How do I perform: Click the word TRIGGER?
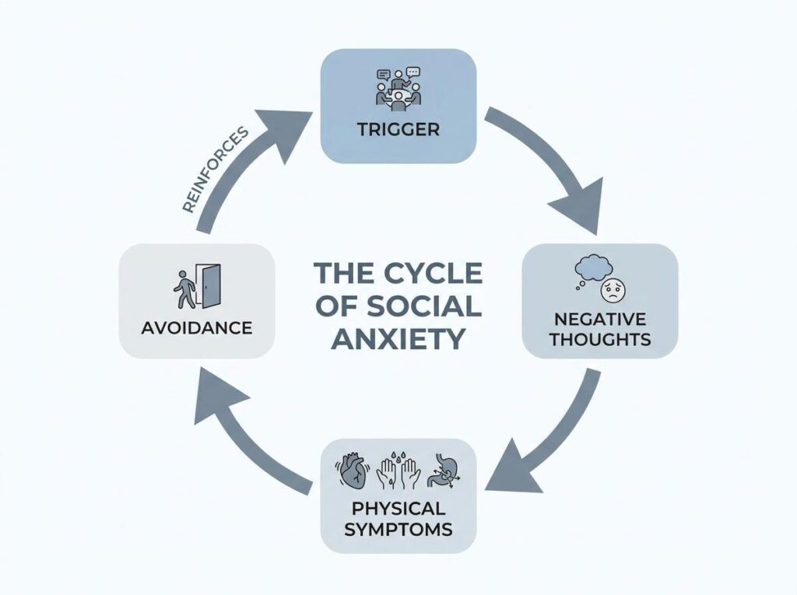pyautogui.click(x=398, y=130)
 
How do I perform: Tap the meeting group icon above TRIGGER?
pyautogui.click(x=398, y=89)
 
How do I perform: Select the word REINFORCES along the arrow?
pyautogui.click(x=215, y=170)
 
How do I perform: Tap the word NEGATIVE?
pyautogui.click(x=600, y=319)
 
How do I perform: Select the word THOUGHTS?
pyautogui.click(x=600, y=339)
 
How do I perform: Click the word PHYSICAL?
pyautogui.click(x=398, y=509)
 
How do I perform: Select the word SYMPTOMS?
pyautogui.click(x=398, y=530)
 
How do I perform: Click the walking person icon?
pyautogui.click(x=184, y=289)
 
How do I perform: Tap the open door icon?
pyautogui.click(x=210, y=286)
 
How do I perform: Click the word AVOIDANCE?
pyautogui.click(x=197, y=328)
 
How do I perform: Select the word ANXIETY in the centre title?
pyautogui.click(x=398, y=338)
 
